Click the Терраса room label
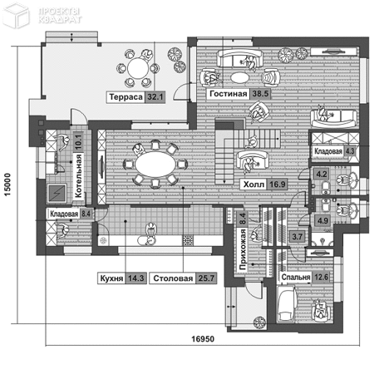point(125,97)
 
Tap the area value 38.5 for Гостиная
point(260,94)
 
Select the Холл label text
point(253,185)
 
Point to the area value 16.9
point(277,185)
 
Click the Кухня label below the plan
point(111,278)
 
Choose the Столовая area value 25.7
point(206,278)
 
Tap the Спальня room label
point(296,277)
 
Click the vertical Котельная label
point(78,175)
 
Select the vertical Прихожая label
point(243,249)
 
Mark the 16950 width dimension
point(203,339)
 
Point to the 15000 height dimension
point(7,185)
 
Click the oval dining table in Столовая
point(155,165)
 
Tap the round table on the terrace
point(138,68)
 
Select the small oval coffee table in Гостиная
point(239,77)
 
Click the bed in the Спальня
point(287,305)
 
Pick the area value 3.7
point(297,237)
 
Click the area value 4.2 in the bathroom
point(322,175)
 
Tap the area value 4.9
point(322,221)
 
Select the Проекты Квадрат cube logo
point(16,16)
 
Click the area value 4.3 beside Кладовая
point(350,151)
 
